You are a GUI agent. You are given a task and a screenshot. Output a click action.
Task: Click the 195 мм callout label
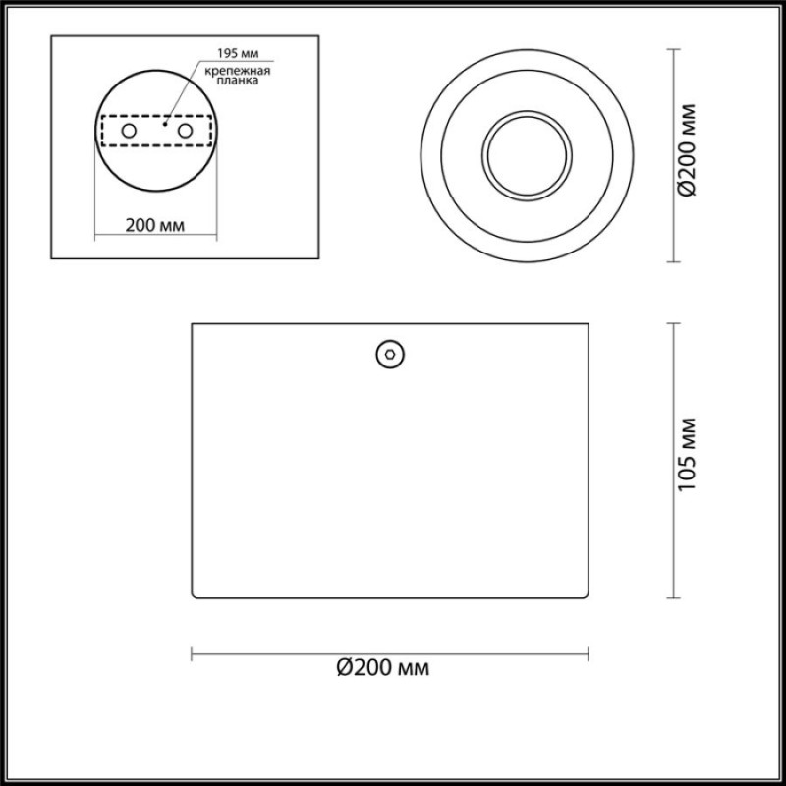[238, 53]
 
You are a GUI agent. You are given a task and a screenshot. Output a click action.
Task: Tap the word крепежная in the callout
[238, 70]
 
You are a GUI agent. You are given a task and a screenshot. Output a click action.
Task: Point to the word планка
[238, 81]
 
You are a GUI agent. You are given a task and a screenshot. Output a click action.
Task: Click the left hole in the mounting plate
[129, 131]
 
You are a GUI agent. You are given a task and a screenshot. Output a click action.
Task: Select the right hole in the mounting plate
[185, 131]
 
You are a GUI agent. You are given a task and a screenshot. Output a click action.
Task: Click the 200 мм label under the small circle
[155, 226]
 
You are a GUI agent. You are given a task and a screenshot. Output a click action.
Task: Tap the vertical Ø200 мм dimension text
[686, 150]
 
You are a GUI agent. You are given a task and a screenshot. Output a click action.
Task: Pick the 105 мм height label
[686, 455]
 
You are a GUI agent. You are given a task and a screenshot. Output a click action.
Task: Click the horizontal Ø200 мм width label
[383, 668]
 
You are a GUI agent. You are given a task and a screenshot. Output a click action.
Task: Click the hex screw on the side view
[390, 355]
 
